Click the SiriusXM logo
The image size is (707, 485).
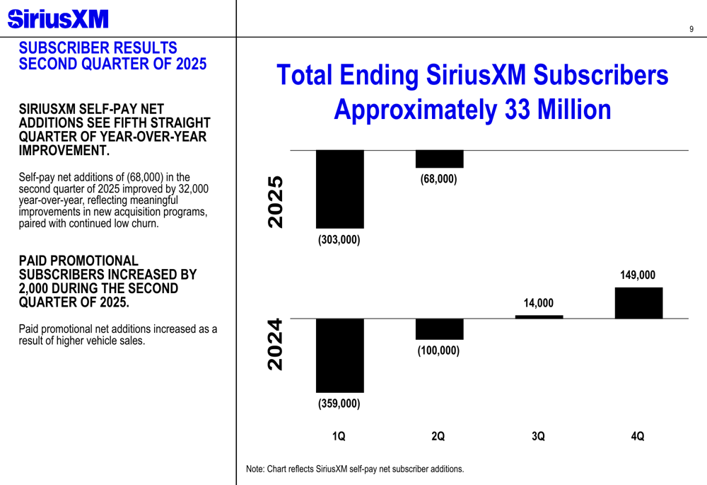tap(58, 19)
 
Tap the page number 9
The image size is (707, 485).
tap(691, 29)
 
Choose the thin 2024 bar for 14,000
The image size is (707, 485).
tap(539, 316)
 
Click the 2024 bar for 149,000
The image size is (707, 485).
tap(638, 303)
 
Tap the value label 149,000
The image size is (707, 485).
tap(638, 275)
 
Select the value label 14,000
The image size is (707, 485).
tap(538, 303)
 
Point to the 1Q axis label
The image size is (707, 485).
tap(339, 437)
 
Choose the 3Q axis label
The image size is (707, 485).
tap(538, 437)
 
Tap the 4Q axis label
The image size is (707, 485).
tap(638, 437)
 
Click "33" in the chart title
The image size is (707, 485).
tap(518, 110)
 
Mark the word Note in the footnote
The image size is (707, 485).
tap(255, 469)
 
